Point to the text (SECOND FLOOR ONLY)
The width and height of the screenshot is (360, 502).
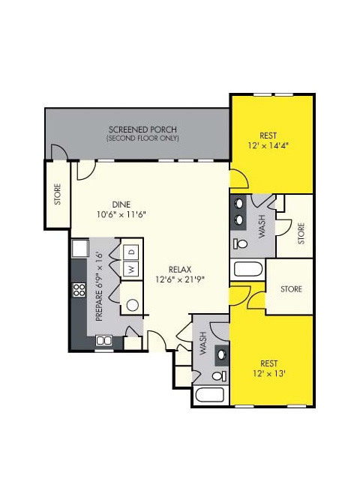[x=138, y=139]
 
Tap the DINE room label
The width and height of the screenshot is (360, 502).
[x=121, y=204]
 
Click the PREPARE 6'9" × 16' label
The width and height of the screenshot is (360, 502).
[x=99, y=287]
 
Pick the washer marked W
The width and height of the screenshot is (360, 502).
[x=130, y=269]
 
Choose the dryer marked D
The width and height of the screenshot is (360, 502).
[x=130, y=251]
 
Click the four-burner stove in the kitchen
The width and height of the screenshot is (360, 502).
[x=77, y=290]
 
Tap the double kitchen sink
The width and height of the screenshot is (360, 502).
[x=104, y=340]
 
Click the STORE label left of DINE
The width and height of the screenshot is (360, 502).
[x=58, y=193]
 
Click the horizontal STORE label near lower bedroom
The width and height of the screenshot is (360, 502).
[x=291, y=288]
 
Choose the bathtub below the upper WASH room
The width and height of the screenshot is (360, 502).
[x=247, y=270]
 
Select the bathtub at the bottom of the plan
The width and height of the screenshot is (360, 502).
[x=211, y=396]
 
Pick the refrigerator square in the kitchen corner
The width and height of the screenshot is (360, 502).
[x=80, y=249]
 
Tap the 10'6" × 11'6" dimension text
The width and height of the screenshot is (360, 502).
[x=121, y=215]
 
